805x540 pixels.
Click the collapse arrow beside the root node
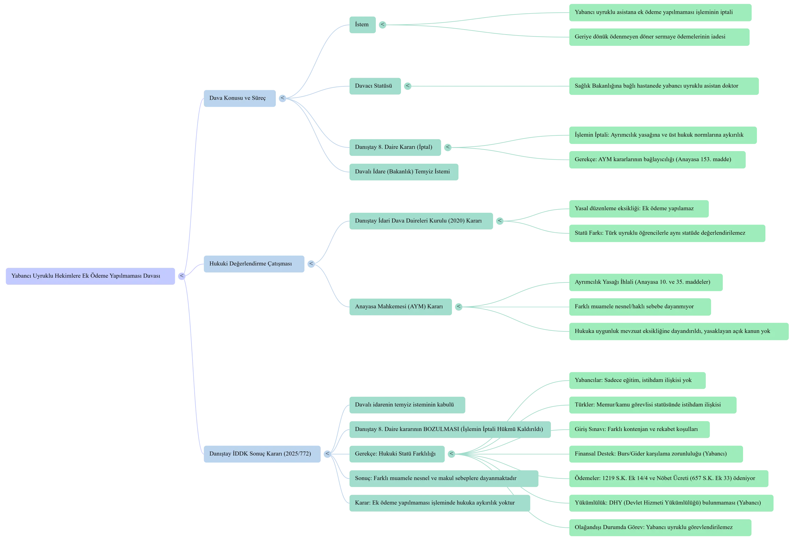(x=182, y=276)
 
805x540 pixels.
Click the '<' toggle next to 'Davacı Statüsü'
(x=408, y=86)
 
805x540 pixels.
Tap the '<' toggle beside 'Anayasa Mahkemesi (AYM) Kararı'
(x=458, y=307)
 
